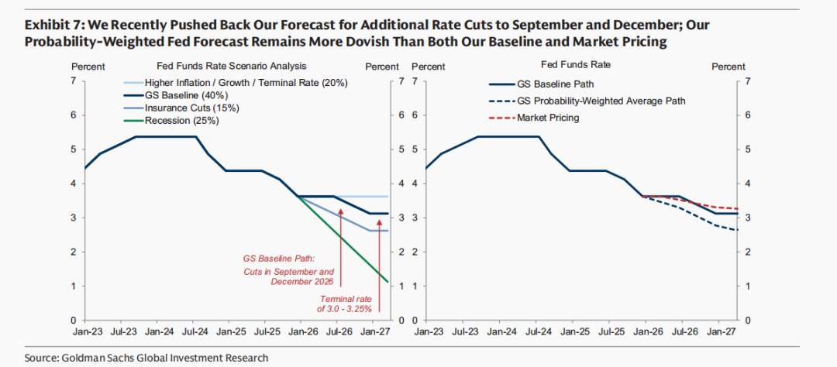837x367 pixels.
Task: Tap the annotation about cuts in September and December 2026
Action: pos(288,272)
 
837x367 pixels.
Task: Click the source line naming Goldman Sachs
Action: pos(146,357)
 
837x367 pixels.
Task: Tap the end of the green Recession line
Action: pos(388,282)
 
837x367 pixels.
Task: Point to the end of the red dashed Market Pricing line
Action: pos(737,208)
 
